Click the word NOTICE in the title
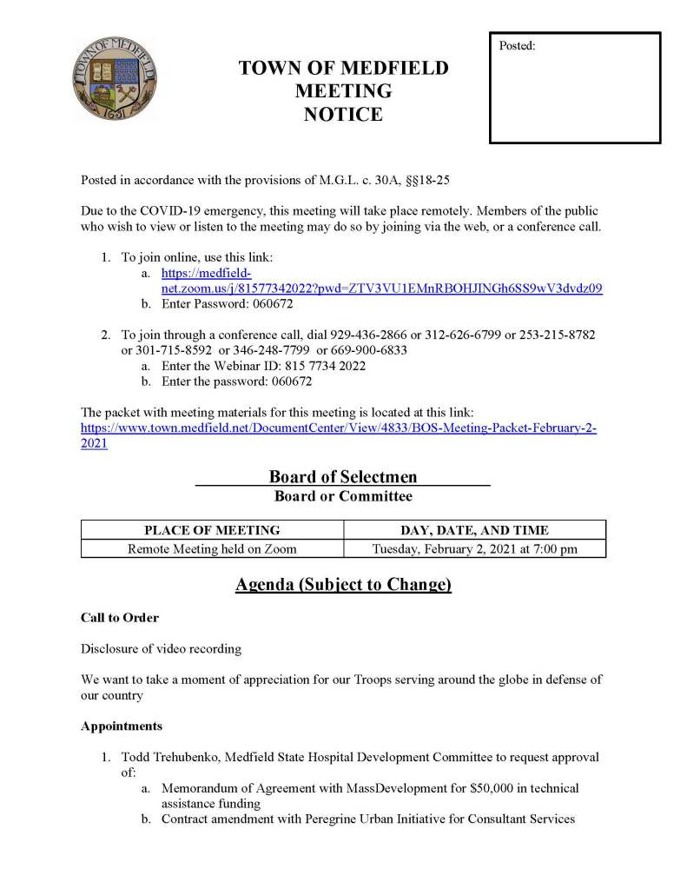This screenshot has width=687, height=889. tap(343, 114)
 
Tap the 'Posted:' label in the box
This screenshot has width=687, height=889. tap(518, 45)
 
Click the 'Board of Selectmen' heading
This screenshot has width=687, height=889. tap(342, 476)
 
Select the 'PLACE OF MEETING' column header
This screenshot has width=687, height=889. tap(212, 530)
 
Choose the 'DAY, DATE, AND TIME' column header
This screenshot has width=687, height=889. tap(474, 530)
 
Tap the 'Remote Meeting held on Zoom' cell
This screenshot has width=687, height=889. tap(212, 548)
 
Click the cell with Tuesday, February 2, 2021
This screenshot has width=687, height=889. tap(474, 548)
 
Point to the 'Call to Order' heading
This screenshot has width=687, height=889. tap(120, 618)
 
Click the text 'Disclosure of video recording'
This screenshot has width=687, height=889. tap(162, 648)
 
